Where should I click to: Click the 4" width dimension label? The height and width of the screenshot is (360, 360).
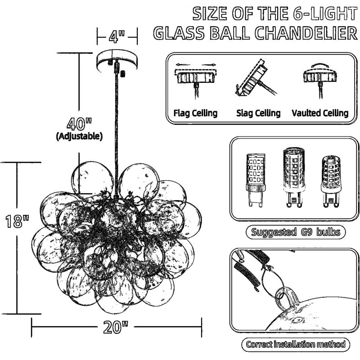117,36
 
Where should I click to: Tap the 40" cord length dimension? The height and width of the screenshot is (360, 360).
79,124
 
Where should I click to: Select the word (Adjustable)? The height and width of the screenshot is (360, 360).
79,136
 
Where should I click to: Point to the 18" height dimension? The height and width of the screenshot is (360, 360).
17,221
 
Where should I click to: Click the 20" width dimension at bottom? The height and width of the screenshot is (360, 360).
116,327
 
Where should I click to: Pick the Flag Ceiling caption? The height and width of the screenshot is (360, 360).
195,113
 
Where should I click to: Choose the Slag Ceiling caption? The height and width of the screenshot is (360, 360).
258,113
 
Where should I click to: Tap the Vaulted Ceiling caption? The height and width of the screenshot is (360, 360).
320,113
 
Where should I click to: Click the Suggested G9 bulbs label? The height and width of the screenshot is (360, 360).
296,232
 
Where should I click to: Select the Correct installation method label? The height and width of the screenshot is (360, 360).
296,344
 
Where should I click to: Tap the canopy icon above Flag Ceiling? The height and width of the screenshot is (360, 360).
196,76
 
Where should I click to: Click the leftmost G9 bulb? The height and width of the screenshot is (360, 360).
256,180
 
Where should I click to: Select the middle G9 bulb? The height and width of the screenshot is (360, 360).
294,177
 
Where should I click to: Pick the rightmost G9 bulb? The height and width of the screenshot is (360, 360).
331,181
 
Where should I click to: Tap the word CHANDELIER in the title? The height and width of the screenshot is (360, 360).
306,33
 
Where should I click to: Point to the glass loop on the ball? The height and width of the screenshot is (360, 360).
286,297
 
